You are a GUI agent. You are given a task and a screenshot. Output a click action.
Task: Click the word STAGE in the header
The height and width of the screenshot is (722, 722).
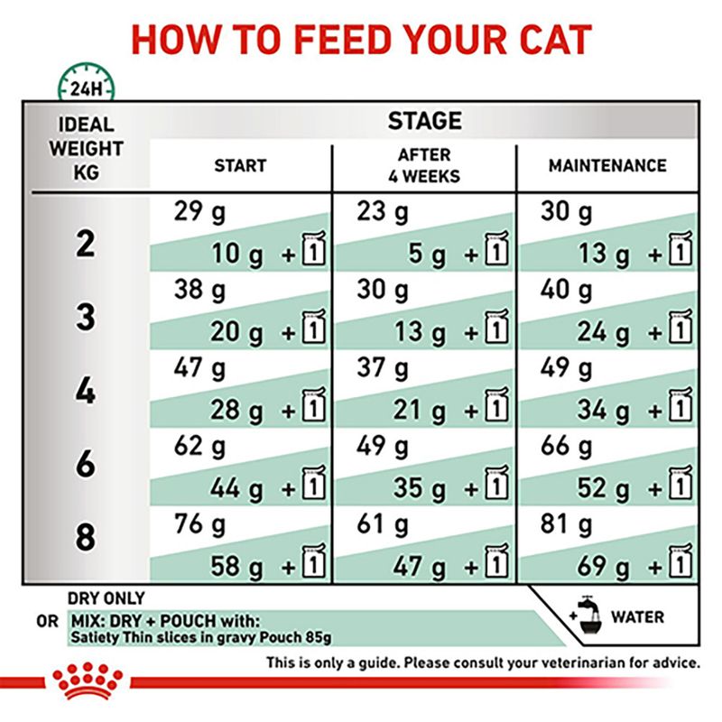424,120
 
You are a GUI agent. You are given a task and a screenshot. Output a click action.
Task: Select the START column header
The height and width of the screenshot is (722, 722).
240,166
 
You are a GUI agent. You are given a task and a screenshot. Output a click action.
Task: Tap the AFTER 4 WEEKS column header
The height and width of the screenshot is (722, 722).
423,165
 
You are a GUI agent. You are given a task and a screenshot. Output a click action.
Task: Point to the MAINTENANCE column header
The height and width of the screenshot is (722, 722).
607,166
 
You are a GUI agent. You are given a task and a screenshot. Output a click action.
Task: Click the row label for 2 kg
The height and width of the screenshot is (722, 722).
85,245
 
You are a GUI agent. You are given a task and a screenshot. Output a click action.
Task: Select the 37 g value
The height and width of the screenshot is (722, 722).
383,368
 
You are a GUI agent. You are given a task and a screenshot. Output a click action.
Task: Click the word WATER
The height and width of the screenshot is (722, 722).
638,617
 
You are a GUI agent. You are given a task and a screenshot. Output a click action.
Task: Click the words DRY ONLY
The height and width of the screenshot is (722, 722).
106,597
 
